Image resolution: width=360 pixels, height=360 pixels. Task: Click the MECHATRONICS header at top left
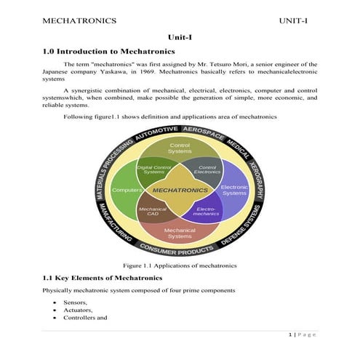pyautogui.click(x=80, y=20)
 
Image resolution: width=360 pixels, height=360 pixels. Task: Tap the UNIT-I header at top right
pyautogui.click(x=294, y=20)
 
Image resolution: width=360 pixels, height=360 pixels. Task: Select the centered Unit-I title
pyautogui.click(x=180, y=37)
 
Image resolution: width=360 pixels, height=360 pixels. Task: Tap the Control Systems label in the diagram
pyautogui.click(x=180, y=149)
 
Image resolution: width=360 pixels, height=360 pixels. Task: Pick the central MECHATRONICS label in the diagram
pyautogui.click(x=180, y=191)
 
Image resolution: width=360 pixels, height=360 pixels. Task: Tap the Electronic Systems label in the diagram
pyautogui.click(x=234, y=190)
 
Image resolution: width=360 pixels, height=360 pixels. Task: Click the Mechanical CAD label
pyautogui.click(x=153, y=212)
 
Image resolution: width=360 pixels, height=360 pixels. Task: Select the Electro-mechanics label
pyautogui.click(x=207, y=212)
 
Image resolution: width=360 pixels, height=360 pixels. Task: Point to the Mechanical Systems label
pyautogui.click(x=180, y=233)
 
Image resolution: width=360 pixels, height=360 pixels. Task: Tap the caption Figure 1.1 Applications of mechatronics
pyautogui.click(x=180, y=266)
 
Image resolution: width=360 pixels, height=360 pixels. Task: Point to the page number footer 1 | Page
pyautogui.click(x=303, y=335)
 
